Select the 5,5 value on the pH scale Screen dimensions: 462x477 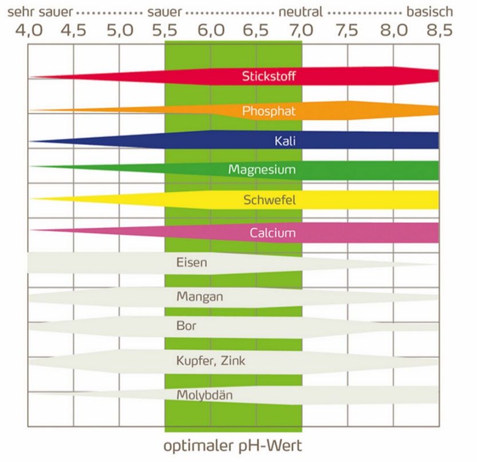point(165,30)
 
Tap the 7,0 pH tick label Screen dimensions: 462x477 point(302,30)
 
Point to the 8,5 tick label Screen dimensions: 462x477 point(438,30)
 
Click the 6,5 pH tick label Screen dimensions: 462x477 point(256,30)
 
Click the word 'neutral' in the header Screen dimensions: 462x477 point(301,11)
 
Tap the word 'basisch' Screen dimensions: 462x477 point(429,11)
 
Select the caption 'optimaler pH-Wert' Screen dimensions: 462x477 point(232,445)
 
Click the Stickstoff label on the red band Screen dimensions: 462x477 point(269,76)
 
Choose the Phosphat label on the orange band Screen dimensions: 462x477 point(269,110)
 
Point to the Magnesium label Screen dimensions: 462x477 point(262,169)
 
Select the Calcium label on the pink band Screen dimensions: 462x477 point(273,232)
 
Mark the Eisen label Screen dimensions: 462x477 point(192,263)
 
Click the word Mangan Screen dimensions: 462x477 point(200,297)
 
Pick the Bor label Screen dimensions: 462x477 point(187,327)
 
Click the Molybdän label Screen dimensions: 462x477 point(204,395)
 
